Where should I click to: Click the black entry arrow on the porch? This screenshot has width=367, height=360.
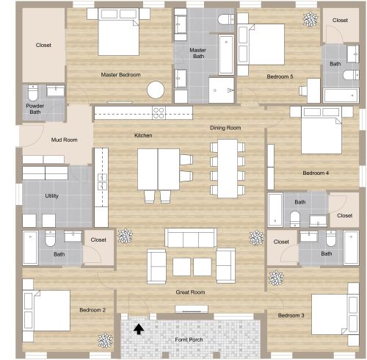coord(137,329)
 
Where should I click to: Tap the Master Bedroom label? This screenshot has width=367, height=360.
coord(120,75)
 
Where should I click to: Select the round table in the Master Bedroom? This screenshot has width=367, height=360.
coord(156,90)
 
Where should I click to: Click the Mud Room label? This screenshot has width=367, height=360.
coord(65,140)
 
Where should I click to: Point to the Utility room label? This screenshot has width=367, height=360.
coord(51,196)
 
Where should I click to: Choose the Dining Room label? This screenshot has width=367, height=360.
coord(225,128)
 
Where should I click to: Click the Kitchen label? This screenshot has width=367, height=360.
coord(143,135)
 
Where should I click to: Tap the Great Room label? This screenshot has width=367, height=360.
coord(190,292)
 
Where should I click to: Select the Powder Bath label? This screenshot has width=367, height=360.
coord(34,109)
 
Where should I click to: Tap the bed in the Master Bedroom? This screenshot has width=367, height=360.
coord(118,33)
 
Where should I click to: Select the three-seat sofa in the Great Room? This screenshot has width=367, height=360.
coord(190,237)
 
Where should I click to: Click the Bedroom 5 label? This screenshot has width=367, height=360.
coord(280,76)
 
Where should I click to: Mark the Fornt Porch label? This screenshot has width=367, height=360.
coord(188,340)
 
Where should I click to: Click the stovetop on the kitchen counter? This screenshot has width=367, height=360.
coord(158,112)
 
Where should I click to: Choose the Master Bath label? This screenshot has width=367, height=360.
coord(198,54)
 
